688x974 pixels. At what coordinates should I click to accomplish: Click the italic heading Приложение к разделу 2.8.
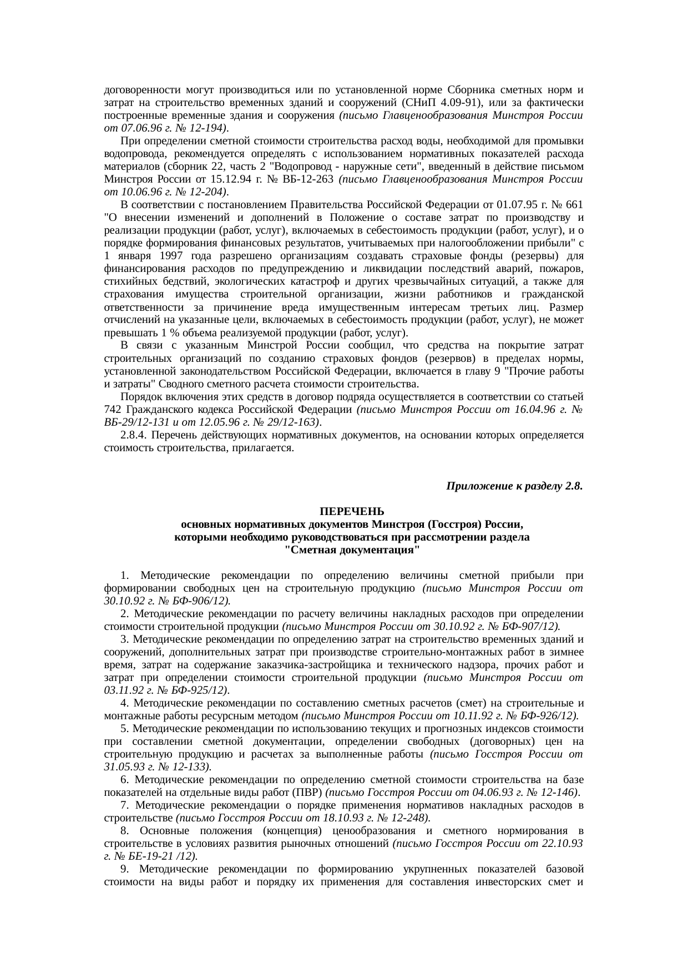514,486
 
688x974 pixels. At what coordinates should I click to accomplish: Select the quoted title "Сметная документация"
352,550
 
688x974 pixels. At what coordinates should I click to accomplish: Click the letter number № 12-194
204,128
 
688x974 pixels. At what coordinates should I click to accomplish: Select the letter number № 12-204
204,191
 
